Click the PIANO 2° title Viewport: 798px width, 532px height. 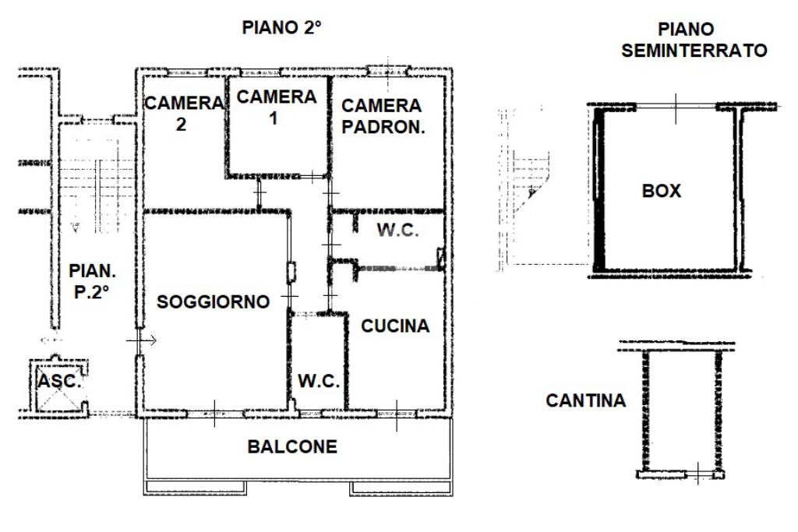(281, 27)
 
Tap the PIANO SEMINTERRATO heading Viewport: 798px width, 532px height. (694, 40)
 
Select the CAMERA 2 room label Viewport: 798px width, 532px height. (184, 114)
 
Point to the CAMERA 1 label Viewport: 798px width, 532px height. (277, 107)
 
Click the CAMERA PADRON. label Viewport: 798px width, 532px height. (383, 116)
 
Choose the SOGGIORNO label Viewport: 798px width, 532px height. (213, 301)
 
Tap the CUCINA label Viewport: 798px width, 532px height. (395, 326)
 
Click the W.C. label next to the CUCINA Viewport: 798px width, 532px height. (319, 380)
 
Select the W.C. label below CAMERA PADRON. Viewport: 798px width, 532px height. (397, 230)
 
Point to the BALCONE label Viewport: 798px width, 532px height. (292, 446)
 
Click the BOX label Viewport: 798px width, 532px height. (661, 191)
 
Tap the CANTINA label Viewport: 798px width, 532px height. (586, 400)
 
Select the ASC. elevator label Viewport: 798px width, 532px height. (59, 381)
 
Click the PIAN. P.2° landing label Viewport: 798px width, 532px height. (92, 280)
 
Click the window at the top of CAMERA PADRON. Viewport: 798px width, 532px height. (388, 71)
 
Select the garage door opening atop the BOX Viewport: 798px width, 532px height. (676, 107)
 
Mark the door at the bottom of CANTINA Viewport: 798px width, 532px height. (699, 474)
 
